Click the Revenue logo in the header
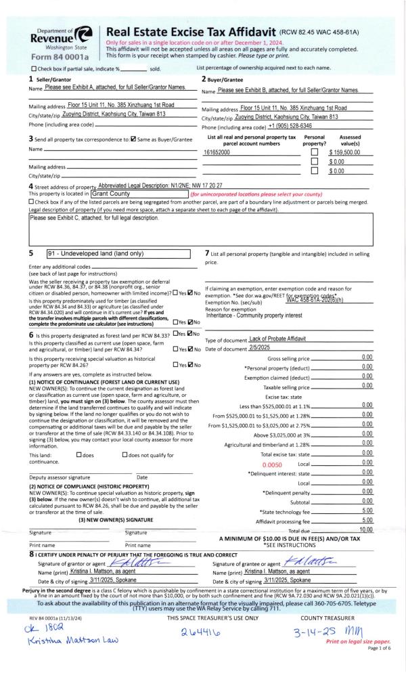pos(60,37)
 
